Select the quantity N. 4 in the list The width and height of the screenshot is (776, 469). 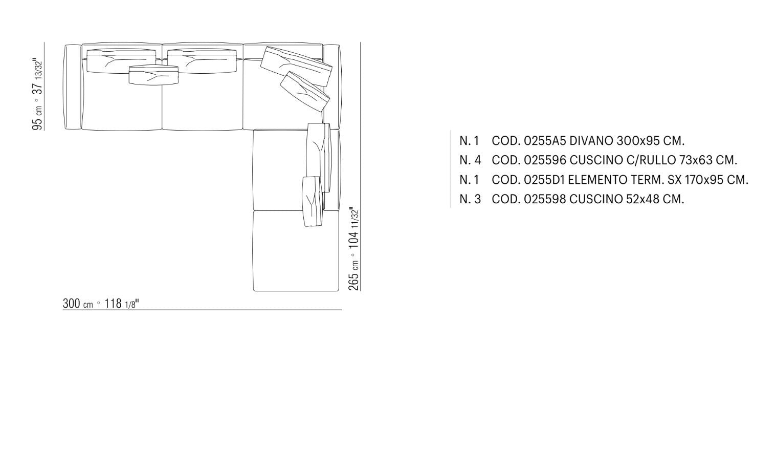click(470, 160)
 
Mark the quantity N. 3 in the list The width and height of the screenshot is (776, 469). click(470, 199)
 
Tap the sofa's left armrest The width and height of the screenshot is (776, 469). click(73, 87)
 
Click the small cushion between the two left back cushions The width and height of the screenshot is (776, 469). click(153, 75)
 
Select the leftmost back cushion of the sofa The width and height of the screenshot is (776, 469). click(121, 61)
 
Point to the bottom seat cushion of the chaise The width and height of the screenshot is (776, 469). click(296, 251)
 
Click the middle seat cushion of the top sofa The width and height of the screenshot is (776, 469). click(203, 94)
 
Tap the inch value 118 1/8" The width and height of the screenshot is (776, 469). click(122, 304)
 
